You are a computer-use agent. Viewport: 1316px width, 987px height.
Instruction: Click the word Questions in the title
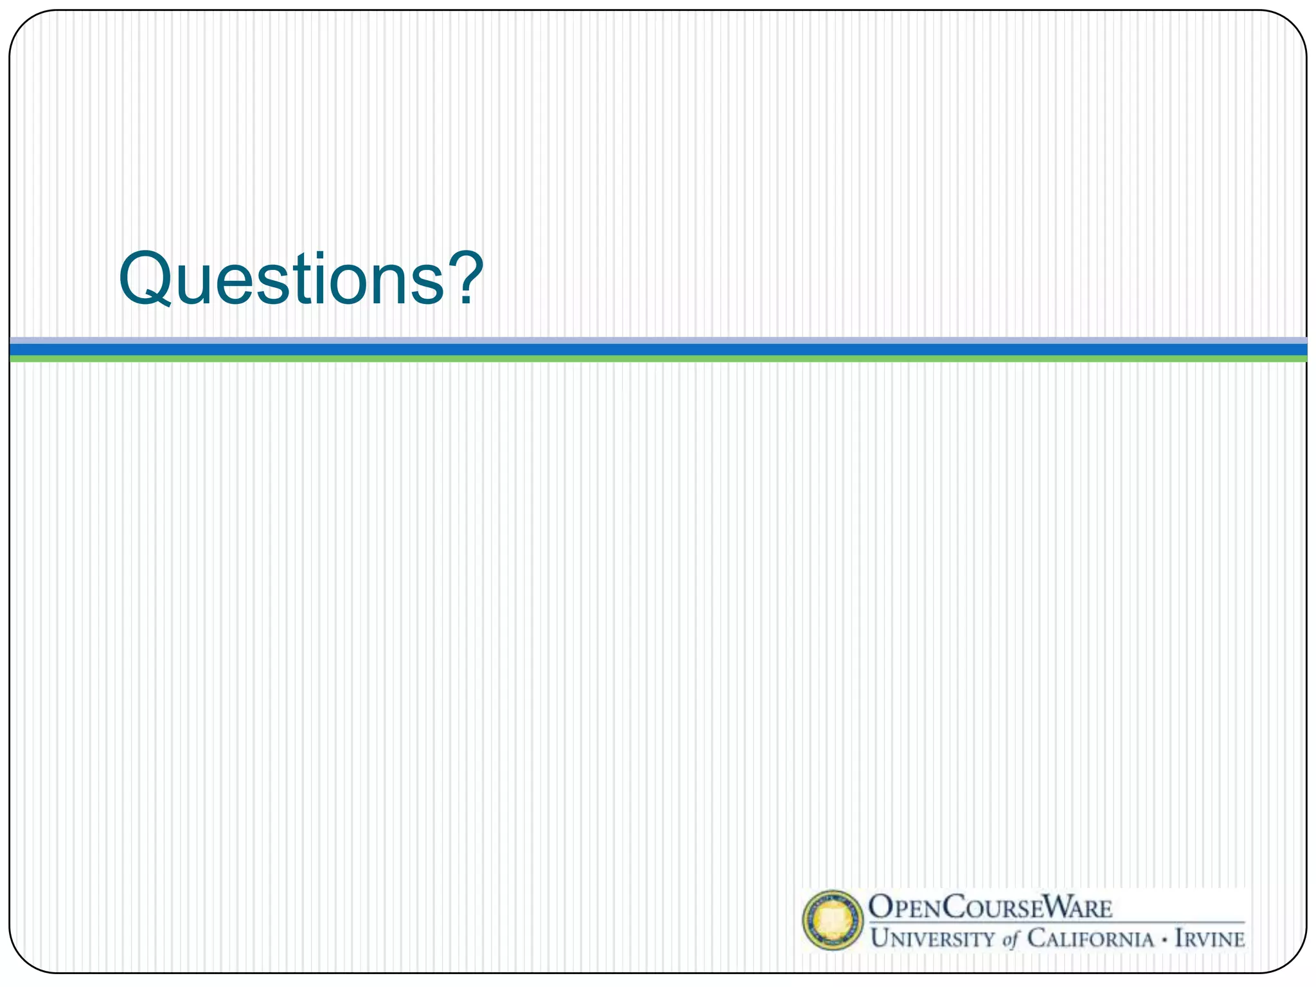point(283,279)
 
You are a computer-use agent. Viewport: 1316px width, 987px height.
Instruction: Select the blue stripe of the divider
point(658,350)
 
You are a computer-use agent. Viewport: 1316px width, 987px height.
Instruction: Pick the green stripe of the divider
point(658,359)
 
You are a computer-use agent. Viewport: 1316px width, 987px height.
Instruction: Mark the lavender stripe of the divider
point(658,340)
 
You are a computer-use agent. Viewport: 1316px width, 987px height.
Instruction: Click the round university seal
point(833,920)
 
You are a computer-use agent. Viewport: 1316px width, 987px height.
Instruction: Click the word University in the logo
point(932,939)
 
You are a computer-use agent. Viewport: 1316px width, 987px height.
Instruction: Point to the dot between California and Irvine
point(1164,939)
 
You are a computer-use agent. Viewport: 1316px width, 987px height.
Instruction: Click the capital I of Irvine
point(1180,939)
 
